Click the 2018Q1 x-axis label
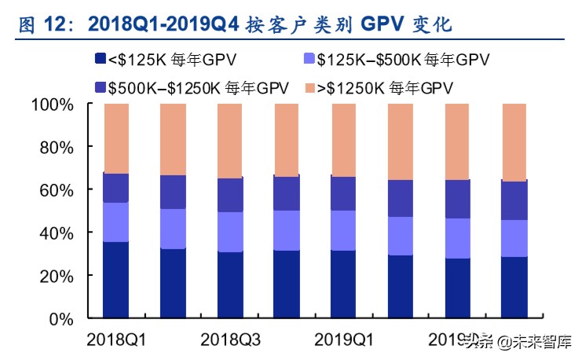tap(117, 340)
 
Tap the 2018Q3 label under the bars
tap(231, 340)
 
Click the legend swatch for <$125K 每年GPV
tap(99, 59)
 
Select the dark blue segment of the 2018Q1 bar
tap(116, 281)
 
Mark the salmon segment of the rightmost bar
tap(514, 142)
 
